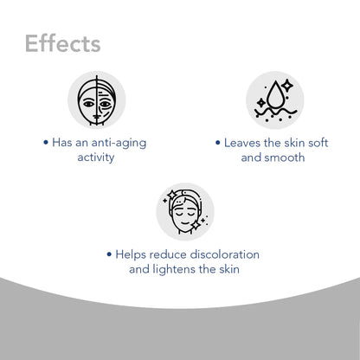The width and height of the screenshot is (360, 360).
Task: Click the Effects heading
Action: tap(62, 42)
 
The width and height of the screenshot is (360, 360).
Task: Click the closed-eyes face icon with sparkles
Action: tap(184, 211)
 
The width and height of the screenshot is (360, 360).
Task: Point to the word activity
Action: tap(96, 158)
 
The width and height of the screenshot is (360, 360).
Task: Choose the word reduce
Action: tap(171, 254)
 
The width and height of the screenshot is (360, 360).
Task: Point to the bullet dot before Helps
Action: tap(109, 255)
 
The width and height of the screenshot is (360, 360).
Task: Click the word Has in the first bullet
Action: tap(63, 144)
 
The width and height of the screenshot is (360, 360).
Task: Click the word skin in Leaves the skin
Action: tap(291, 144)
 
